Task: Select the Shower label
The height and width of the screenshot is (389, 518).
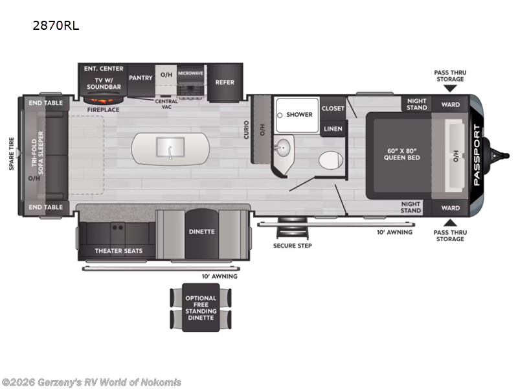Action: coord(299,115)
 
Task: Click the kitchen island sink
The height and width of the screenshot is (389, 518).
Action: coord(170,148)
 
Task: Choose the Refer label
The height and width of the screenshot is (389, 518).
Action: coord(225,82)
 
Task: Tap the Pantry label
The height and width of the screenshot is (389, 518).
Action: coord(141,78)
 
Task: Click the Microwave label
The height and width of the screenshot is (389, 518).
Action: coord(191,74)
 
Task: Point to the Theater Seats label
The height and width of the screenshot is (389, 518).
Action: coord(118,250)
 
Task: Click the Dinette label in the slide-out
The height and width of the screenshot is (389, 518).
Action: coord(201,231)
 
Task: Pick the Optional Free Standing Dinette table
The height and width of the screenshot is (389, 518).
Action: coord(201,308)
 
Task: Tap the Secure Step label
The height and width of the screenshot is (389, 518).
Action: coord(292,246)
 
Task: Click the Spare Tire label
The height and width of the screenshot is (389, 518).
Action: coord(11,154)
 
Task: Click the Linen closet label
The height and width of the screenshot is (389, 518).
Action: coord(333,128)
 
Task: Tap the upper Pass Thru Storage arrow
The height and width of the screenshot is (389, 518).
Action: coord(450,88)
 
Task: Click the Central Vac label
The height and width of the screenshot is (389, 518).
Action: coord(166,104)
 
